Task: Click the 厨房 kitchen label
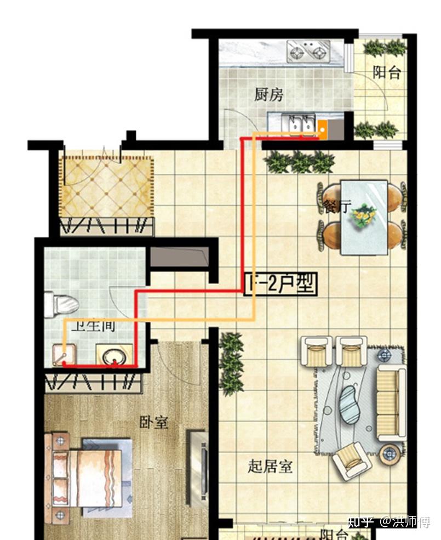[268, 95]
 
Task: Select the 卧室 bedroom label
[153, 423]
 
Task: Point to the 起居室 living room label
[270, 467]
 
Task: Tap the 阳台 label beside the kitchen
[387, 72]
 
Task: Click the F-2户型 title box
[280, 283]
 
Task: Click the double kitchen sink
[299, 122]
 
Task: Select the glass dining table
[364, 217]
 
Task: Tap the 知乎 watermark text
[360, 521]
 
